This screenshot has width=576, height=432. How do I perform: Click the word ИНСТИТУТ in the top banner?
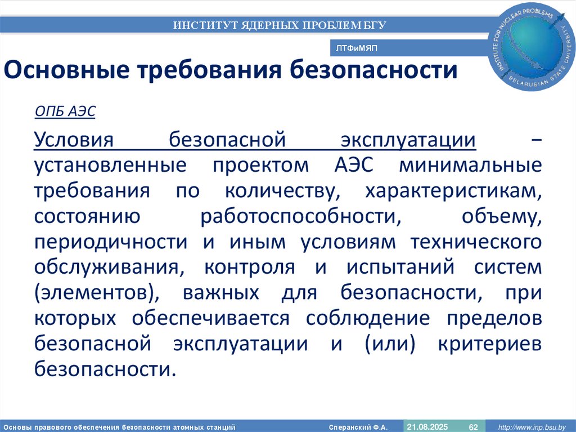(204, 25)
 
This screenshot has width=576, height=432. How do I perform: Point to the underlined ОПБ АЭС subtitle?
(65, 112)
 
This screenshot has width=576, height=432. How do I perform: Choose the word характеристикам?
(453, 191)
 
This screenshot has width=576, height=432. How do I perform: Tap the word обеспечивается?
(211, 319)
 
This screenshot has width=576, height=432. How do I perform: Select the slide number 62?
(473, 426)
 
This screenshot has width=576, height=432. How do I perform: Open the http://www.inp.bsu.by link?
(532, 426)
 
